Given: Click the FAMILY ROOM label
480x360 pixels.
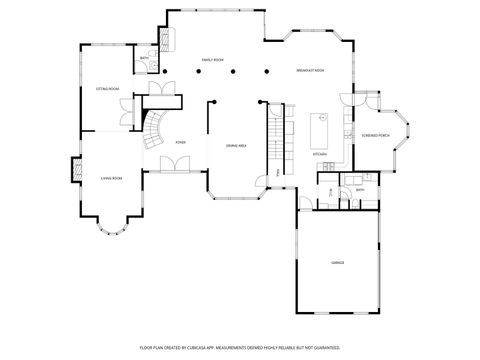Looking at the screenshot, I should point(212,60).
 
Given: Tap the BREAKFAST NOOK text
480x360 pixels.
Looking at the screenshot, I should point(310,71).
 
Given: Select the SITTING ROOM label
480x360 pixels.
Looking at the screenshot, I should point(107,89).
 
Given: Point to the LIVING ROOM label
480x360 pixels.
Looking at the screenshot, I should point(111,178).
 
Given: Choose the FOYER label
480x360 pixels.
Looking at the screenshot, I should point(181,143).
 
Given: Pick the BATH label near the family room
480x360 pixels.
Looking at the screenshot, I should point(144,59).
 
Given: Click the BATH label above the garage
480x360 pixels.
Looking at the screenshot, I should point(345,189).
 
